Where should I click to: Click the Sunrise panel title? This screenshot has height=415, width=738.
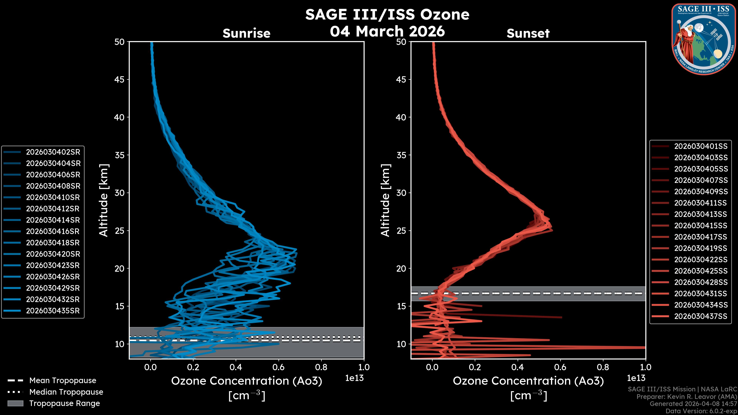point(246,33)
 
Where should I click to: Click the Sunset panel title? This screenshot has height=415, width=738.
point(528,33)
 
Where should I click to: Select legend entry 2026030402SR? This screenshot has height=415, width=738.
point(53,152)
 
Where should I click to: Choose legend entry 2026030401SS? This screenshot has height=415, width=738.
point(701,146)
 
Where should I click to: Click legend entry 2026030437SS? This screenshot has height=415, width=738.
point(701,316)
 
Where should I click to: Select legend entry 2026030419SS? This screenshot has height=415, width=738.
point(701,248)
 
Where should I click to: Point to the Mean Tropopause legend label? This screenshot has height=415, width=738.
point(63,381)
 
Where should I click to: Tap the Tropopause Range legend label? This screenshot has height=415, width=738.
point(64,403)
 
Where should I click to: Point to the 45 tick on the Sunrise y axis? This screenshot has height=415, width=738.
point(120,80)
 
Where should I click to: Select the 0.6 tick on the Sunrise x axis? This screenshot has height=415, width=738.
point(278,367)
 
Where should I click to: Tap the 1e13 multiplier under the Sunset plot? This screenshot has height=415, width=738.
point(636,378)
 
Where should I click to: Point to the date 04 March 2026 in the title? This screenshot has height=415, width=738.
point(387,31)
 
